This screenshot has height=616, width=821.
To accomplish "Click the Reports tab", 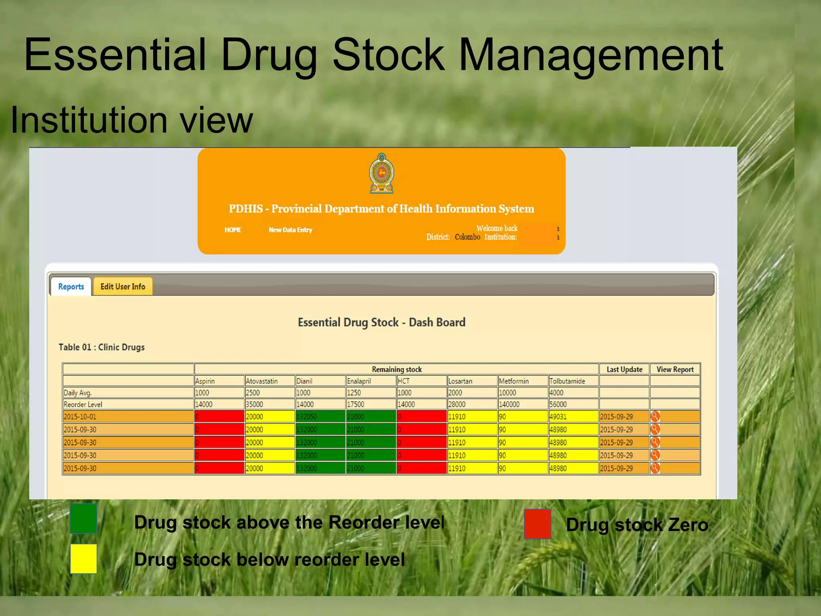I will click(x=71, y=286).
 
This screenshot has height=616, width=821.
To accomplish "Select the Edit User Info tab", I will click(x=123, y=286).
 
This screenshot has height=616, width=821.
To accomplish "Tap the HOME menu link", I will click(x=233, y=230).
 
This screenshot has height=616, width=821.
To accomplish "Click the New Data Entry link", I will click(x=290, y=230).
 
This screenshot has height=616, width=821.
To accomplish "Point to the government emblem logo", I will click(x=382, y=173).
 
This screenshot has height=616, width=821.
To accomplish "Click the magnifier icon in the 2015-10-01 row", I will click(x=655, y=416).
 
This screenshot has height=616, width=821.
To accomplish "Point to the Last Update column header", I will click(x=624, y=369).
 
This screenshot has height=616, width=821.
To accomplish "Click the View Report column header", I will click(x=675, y=369).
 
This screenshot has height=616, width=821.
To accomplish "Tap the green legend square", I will click(x=83, y=519).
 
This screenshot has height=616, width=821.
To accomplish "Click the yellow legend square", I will click(x=83, y=559).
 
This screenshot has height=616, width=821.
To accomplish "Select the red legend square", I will click(x=537, y=524).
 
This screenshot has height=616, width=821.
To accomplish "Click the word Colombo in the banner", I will click(x=467, y=237).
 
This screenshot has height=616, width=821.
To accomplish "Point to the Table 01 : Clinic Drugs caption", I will click(x=102, y=347).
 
